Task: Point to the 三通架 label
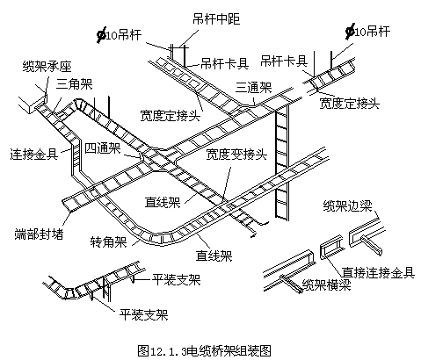pyautogui.click(x=253, y=87)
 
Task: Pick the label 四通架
pyautogui.click(x=103, y=148)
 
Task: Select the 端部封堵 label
pyautogui.click(x=36, y=234)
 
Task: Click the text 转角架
pyautogui.click(x=108, y=241)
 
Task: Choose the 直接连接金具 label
pyautogui.click(x=379, y=271)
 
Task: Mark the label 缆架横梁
pyautogui.click(x=325, y=284)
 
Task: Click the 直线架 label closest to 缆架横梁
pyautogui.click(x=214, y=256)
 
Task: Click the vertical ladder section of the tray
pyautogui.click(x=280, y=162)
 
